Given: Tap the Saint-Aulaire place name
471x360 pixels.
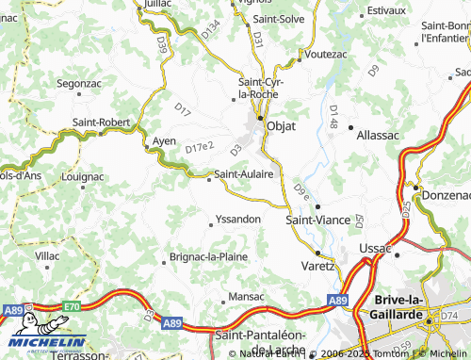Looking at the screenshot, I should tap(243, 173).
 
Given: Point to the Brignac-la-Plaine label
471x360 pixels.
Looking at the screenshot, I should tap(208, 256).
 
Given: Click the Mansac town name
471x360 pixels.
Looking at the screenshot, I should tap(247, 296).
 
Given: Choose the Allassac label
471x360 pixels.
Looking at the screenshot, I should tap(378, 135).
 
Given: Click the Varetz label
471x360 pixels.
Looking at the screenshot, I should tap(317, 266).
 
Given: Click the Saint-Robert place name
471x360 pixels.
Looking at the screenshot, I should tap(102, 122).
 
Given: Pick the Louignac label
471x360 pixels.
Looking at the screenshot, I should tap(82, 175).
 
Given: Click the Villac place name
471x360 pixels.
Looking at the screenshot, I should tap(47, 255).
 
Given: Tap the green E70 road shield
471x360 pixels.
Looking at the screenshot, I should tap(72, 306).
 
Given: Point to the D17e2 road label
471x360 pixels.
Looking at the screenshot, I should tap(200, 148).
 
